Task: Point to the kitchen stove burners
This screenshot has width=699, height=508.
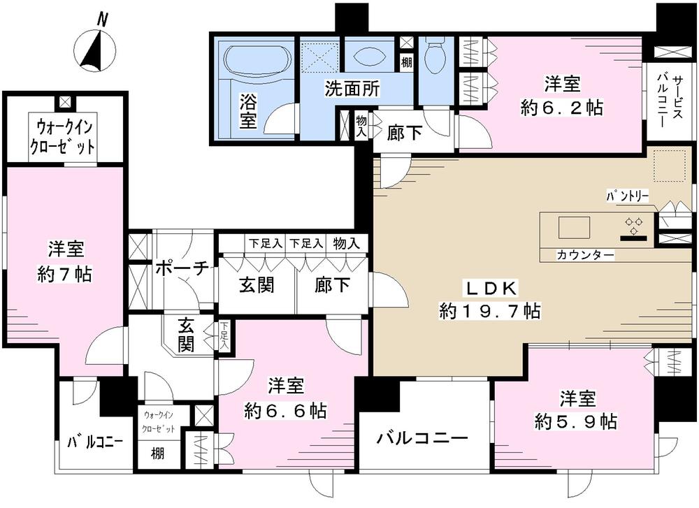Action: point(635,226)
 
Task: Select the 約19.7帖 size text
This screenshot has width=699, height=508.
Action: point(490,311)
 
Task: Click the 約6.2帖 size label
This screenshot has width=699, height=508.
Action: point(561,108)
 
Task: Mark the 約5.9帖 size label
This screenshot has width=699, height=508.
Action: point(577,421)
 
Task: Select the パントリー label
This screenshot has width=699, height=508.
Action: point(627,198)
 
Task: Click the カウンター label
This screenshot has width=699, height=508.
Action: point(586,256)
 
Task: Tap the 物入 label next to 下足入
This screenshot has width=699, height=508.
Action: point(346,243)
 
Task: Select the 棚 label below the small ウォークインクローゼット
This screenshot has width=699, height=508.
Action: point(159,453)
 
